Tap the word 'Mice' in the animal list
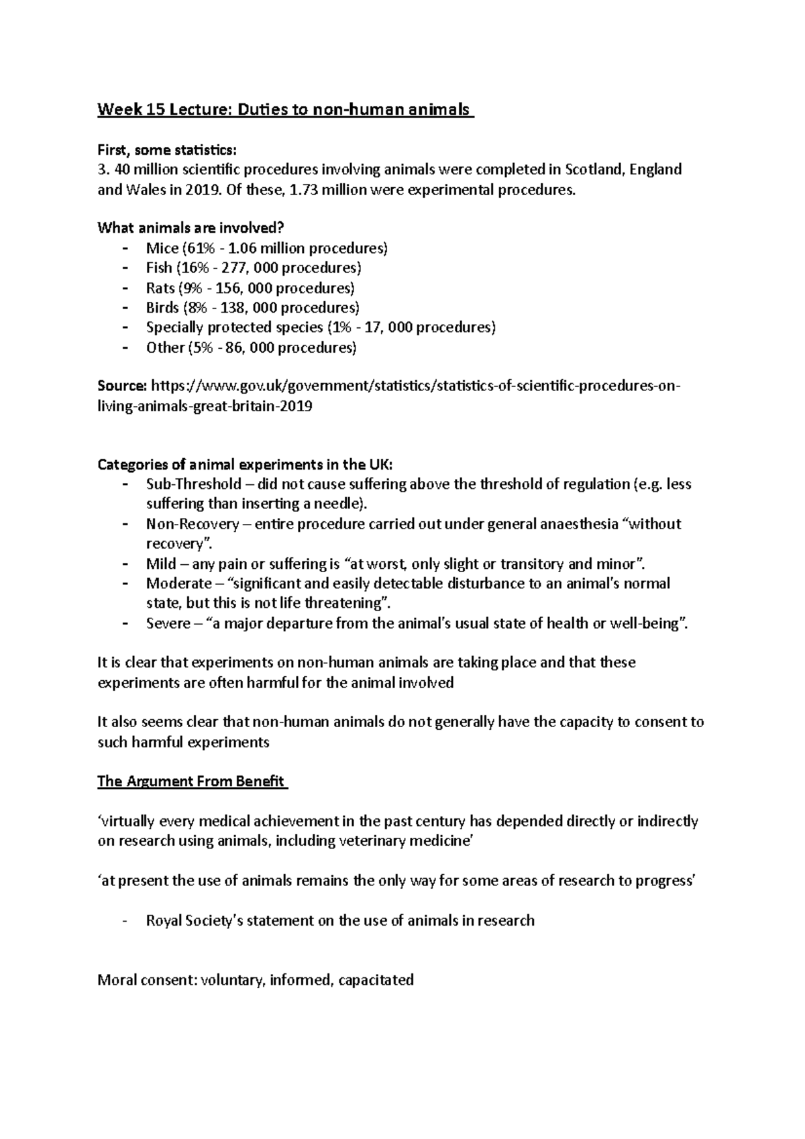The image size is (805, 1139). pyautogui.click(x=162, y=248)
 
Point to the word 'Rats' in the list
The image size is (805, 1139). pyautogui.click(x=160, y=288)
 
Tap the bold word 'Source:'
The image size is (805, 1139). pyautogui.click(x=122, y=386)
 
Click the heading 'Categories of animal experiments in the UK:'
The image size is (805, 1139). pyautogui.click(x=246, y=465)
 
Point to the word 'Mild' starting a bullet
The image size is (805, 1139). pyautogui.click(x=161, y=563)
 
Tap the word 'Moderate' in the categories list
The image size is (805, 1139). pyautogui.click(x=178, y=584)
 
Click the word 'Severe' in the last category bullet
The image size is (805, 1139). pyautogui.click(x=168, y=623)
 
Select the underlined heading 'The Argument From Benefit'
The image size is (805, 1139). pyautogui.click(x=192, y=781)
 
